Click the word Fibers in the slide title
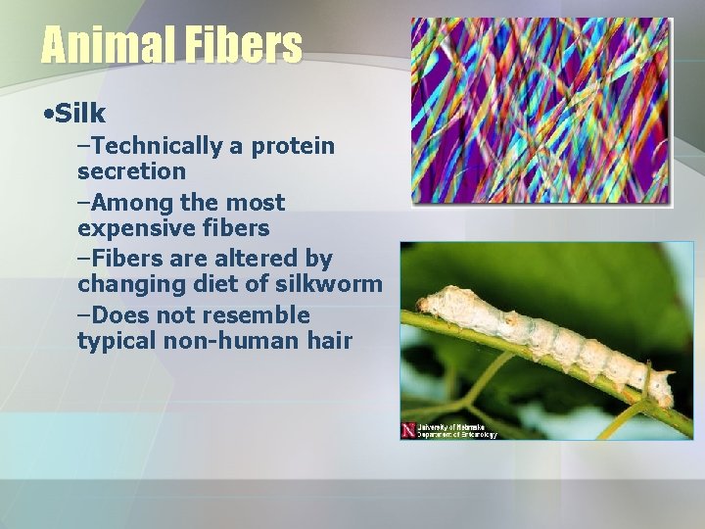[x=240, y=45]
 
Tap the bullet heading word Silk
[x=80, y=114]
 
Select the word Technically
[x=158, y=147]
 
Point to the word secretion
[x=131, y=171]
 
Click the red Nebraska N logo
[x=408, y=430]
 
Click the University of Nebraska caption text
[x=456, y=430]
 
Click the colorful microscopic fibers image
[x=540, y=110]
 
